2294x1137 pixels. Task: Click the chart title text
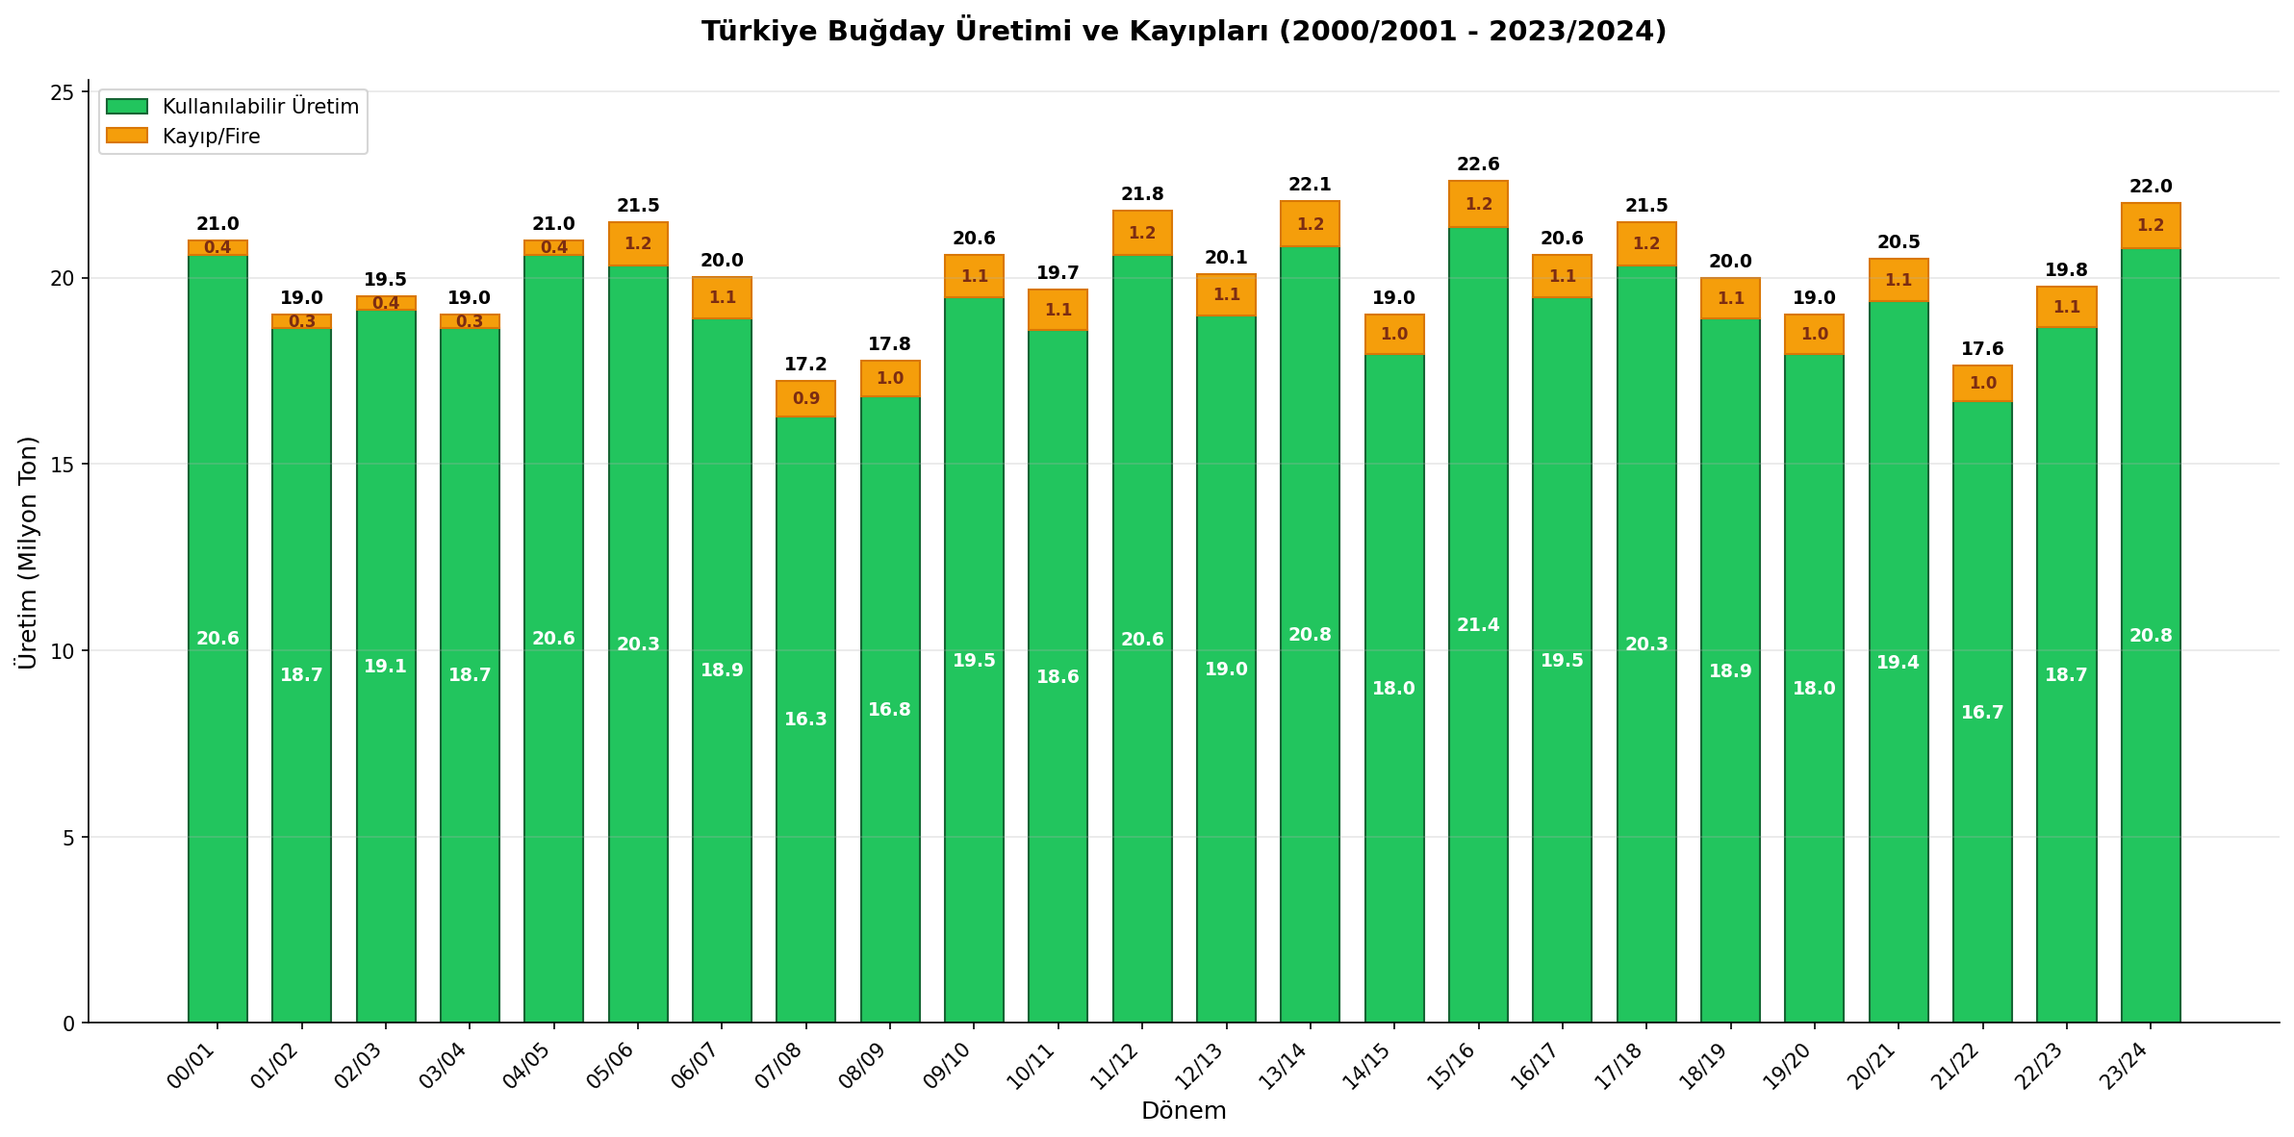[1184, 32]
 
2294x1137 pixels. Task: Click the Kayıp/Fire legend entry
[211, 137]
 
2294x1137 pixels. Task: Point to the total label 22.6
[1478, 164]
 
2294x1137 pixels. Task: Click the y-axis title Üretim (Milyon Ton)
[28, 552]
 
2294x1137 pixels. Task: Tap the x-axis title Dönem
[1184, 1111]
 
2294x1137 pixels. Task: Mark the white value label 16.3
[805, 720]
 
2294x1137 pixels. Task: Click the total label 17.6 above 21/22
[1982, 349]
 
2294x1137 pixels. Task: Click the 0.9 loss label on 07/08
[805, 398]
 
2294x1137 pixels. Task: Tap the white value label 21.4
[1478, 625]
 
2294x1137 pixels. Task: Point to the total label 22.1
[1310, 185]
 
